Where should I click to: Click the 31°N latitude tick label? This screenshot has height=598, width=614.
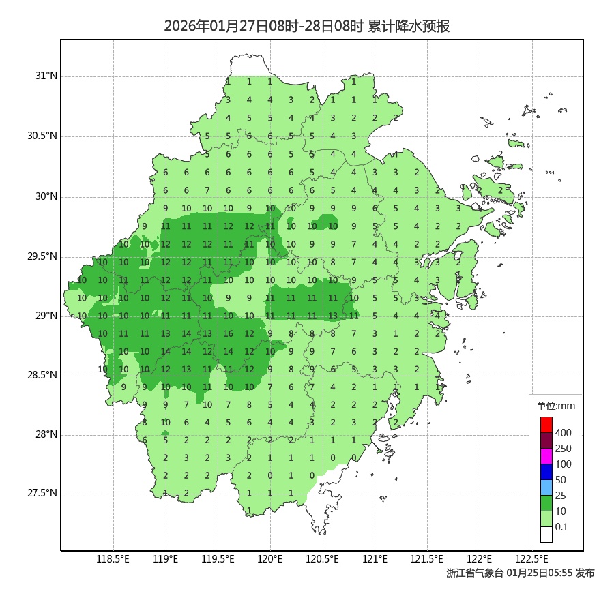click(x=47, y=76)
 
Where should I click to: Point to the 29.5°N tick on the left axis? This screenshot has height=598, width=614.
click(x=42, y=257)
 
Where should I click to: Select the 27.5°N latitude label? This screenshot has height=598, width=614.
click(x=42, y=494)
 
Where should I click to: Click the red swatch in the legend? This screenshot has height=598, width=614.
click(x=546, y=425)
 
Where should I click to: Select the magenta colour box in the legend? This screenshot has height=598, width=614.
click(x=546, y=456)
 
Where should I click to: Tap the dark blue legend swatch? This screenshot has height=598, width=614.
click(x=546, y=472)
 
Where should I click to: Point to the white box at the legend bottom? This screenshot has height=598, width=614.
click(x=546, y=535)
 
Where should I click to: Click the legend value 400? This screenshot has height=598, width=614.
click(x=564, y=433)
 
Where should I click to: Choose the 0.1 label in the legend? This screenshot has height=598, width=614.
click(x=561, y=527)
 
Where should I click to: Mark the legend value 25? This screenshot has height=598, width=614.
click(x=561, y=496)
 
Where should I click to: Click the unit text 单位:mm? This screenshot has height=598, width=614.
click(x=556, y=406)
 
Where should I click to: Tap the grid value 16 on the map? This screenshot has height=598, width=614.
click(x=229, y=334)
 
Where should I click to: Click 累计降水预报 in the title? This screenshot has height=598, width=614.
click(x=409, y=27)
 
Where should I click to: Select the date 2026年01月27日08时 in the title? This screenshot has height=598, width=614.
click(x=221, y=27)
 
